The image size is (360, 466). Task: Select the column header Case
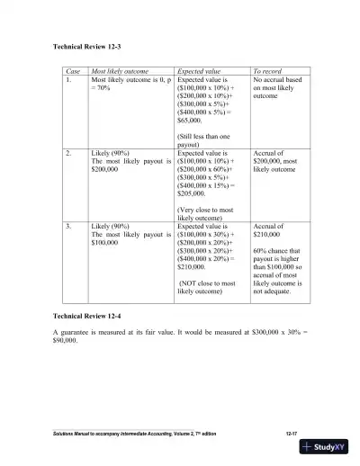pyautogui.click(x=73, y=69)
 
